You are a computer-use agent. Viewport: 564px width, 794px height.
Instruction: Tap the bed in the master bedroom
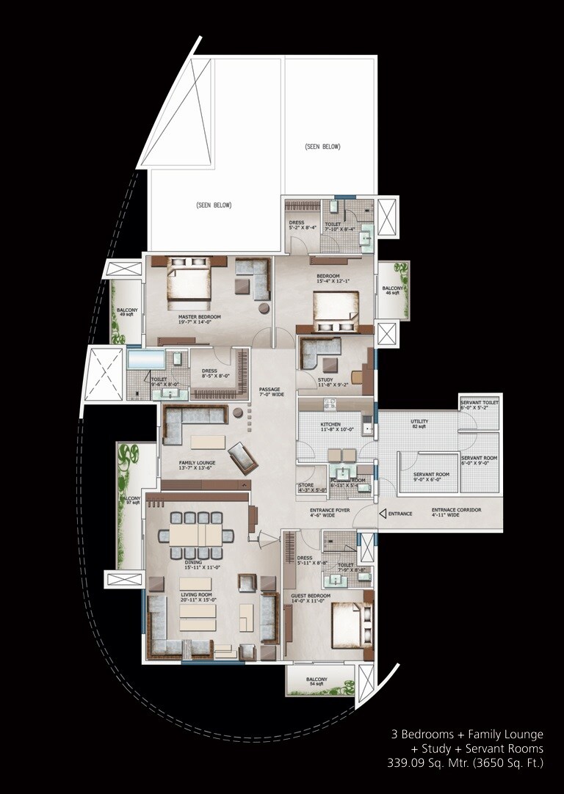[188, 283]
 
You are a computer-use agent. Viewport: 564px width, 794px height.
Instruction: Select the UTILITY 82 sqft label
[419, 423]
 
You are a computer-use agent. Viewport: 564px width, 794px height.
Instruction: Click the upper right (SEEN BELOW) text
[322, 147]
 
